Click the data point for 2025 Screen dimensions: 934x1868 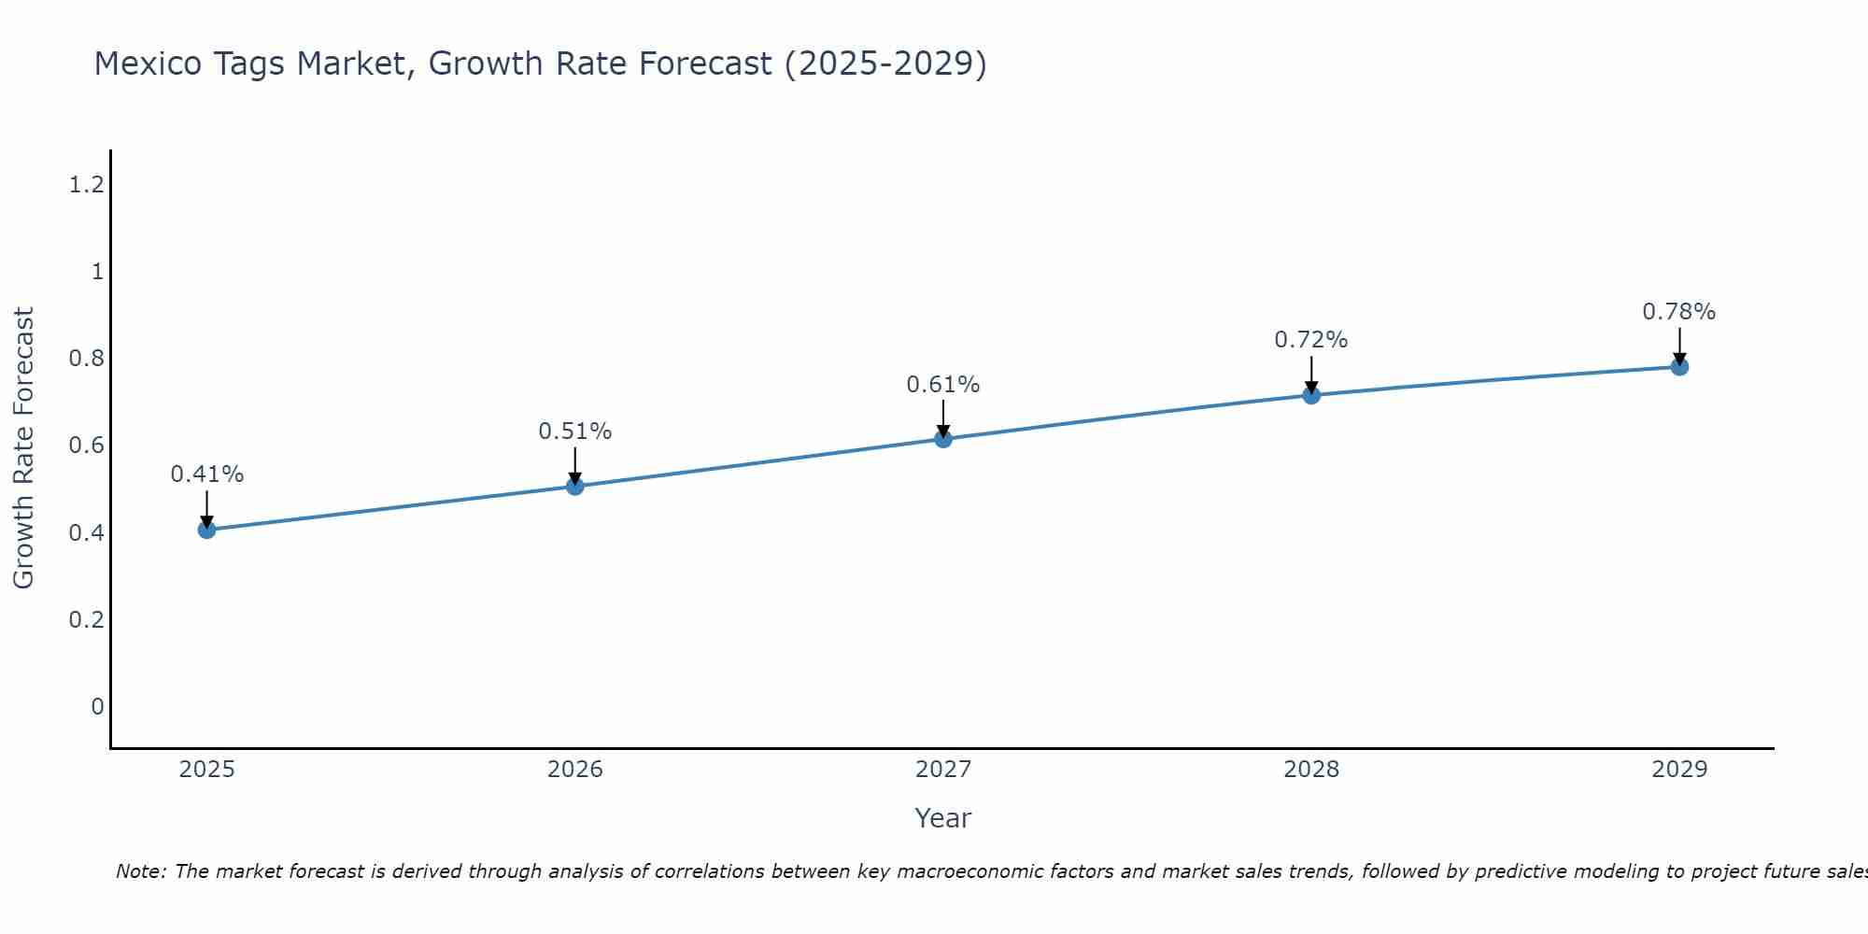pyautogui.click(x=207, y=530)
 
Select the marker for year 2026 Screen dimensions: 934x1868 pyautogui.click(x=575, y=486)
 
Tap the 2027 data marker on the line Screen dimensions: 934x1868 pyautogui.click(x=943, y=438)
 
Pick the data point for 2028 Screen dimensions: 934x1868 pyautogui.click(x=1311, y=394)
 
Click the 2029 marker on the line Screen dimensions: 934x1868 pyautogui.click(x=1679, y=366)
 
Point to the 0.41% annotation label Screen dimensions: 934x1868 pyautogui.click(x=207, y=474)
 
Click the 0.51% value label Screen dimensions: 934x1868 pyautogui.click(x=575, y=432)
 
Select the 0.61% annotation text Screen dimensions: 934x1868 pyautogui.click(x=943, y=385)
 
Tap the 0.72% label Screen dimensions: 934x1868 pyautogui.click(x=1311, y=340)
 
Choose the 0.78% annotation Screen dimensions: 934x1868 pyautogui.click(x=1679, y=312)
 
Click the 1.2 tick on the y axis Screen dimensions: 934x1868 pyautogui.click(x=86, y=185)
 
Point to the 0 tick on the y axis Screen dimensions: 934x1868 pyautogui.click(x=97, y=706)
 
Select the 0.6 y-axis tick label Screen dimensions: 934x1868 pyautogui.click(x=86, y=446)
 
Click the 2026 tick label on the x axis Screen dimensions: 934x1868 pyautogui.click(x=575, y=770)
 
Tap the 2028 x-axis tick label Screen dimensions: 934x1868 pyautogui.click(x=1311, y=770)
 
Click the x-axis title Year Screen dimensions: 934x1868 pyautogui.click(x=943, y=818)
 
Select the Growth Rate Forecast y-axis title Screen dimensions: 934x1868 pyautogui.click(x=24, y=448)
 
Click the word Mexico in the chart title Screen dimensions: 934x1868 pyautogui.click(x=149, y=64)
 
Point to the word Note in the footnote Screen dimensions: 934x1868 pyautogui.click(x=141, y=871)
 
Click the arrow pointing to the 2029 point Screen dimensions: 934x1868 pyautogui.click(x=1679, y=345)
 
